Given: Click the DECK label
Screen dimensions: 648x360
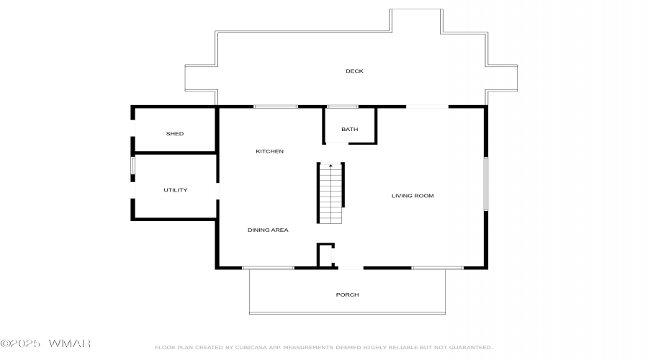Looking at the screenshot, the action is [x=354, y=71].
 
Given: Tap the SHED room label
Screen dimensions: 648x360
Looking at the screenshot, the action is [x=175, y=133].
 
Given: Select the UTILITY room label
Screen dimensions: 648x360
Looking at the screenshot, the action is [x=175, y=190].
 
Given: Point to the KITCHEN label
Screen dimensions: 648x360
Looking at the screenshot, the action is [x=269, y=151].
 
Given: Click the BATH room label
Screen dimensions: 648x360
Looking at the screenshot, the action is [x=350, y=130].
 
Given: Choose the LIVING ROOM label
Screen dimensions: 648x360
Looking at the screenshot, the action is [x=413, y=196].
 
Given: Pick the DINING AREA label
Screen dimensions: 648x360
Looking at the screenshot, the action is [x=268, y=230].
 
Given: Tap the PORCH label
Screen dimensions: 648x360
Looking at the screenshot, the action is [x=347, y=294].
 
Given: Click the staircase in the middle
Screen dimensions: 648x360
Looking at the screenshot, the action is [x=330, y=193].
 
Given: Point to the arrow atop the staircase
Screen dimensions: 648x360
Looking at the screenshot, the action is [x=330, y=166].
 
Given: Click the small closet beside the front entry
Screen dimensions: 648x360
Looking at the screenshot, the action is [x=325, y=256].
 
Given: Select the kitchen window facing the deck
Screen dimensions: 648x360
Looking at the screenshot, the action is [x=276, y=107].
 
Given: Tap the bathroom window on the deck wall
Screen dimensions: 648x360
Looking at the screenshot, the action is [x=342, y=107].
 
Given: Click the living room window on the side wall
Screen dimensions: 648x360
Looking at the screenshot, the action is [x=486, y=184].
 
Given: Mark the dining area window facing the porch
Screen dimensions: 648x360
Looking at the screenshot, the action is [x=269, y=268].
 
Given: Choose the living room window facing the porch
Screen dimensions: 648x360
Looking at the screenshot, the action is [x=437, y=268].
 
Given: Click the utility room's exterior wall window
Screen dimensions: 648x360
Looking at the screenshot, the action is [x=132, y=165].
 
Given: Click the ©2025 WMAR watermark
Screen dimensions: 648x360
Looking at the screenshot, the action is [x=45, y=343].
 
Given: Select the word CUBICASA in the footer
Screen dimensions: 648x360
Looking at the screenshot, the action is [x=251, y=348].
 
